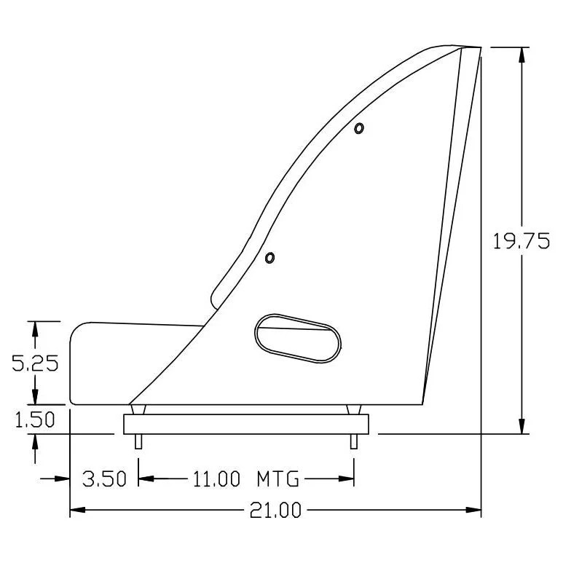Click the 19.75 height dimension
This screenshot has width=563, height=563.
[x=521, y=242]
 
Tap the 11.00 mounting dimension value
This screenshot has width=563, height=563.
[x=216, y=479]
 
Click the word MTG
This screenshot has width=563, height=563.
[x=277, y=479]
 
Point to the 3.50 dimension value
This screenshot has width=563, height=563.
[x=104, y=479]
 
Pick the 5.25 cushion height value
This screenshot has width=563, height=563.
[x=36, y=363]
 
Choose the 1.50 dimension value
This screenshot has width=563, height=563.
[x=36, y=420]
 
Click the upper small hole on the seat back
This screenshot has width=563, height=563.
[x=358, y=129]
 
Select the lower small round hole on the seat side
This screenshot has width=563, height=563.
[x=269, y=258]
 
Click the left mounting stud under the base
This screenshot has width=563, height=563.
[x=138, y=441]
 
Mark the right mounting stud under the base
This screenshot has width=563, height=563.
[x=354, y=441]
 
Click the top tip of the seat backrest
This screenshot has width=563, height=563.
[x=470, y=49]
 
